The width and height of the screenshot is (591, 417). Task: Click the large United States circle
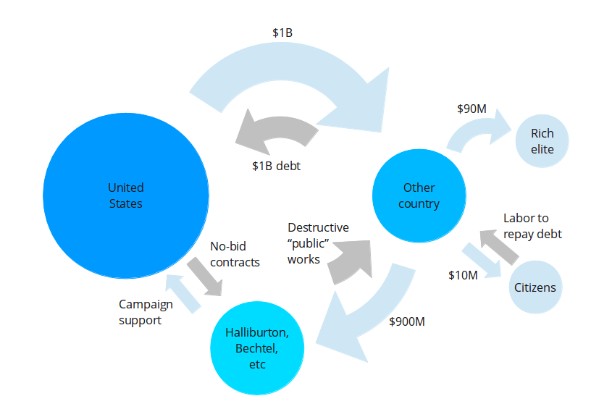[x=125, y=196]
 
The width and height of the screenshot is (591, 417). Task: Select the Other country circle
[x=419, y=195]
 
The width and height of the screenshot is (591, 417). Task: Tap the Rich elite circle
[x=542, y=141]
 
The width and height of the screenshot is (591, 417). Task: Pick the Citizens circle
[x=535, y=287]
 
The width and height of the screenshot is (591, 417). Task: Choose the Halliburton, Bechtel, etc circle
[x=257, y=347]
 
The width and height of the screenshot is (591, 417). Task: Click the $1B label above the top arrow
[x=282, y=33]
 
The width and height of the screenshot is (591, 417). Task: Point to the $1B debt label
[x=276, y=166]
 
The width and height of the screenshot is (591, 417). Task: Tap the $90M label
[x=471, y=109]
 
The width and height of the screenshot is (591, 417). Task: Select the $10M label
[x=463, y=275]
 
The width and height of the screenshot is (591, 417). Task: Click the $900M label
[x=406, y=321]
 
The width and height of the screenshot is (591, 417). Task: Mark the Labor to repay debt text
[x=532, y=226]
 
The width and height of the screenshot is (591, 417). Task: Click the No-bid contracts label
[x=234, y=254]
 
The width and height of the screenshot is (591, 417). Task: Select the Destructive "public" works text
[x=318, y=243]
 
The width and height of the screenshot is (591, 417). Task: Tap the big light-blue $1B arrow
[x=290, y=72]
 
